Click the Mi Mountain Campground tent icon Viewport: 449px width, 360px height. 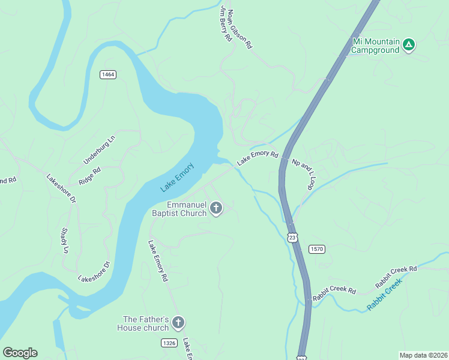(409, 44)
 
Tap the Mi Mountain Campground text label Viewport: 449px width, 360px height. (375, 46)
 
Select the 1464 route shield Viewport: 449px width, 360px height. (108, 74)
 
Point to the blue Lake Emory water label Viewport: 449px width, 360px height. (177, 178)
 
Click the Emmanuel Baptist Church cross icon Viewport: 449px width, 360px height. (216, 208)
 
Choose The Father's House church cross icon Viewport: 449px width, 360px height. (178, 323)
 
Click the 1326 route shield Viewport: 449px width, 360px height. (169, 343)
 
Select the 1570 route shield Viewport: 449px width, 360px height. (317, 248)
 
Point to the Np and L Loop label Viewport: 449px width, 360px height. (304, 175)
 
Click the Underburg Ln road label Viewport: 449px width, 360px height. (98, 150)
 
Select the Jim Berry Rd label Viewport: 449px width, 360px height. (226, 24)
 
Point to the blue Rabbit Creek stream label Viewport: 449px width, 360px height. (384, 298)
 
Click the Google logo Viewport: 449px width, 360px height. (20, 353)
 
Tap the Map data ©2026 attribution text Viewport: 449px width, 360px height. (423, 355)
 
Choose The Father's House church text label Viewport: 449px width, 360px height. (145, 323)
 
